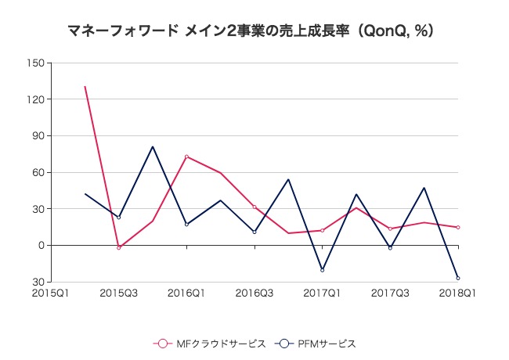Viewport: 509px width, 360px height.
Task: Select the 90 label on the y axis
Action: (x=36, y=135)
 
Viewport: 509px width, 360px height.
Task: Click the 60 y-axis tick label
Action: (x=36, y=172)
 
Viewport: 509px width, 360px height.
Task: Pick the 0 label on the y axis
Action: (x=39, y=245)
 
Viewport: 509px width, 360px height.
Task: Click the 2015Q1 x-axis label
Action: (x=50, y=293)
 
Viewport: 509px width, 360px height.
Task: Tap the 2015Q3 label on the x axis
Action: (x=118, y=293)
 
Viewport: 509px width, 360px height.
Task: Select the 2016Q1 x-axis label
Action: (x=186, y=293)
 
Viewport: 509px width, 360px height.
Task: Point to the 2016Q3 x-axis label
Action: (x=254, y=293)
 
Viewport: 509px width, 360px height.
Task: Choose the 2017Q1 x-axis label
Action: (x=322, y=293)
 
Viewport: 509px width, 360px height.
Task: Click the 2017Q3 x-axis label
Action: (x=390, y=293)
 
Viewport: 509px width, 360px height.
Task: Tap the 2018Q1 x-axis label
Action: (x=458, y=293)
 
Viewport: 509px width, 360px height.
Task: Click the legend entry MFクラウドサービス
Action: (x=211, y=344)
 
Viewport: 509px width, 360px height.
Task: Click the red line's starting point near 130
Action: (x=85, y=86)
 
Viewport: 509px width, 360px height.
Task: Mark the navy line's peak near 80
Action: (x=153, y=146)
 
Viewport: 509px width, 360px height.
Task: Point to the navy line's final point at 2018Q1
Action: (x=458, y=278)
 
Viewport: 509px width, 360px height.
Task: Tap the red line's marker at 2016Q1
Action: (x=186, y=157)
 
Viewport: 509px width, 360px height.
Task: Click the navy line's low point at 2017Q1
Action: (x=322, y=270)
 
